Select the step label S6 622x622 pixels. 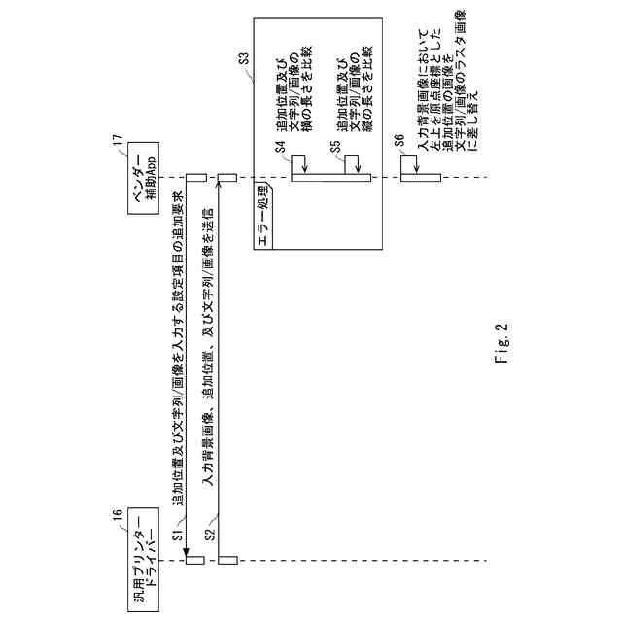[x=399, y=141]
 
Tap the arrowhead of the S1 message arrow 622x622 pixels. [x=186, y=553]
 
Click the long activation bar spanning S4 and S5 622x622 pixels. [x=331, y=177]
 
